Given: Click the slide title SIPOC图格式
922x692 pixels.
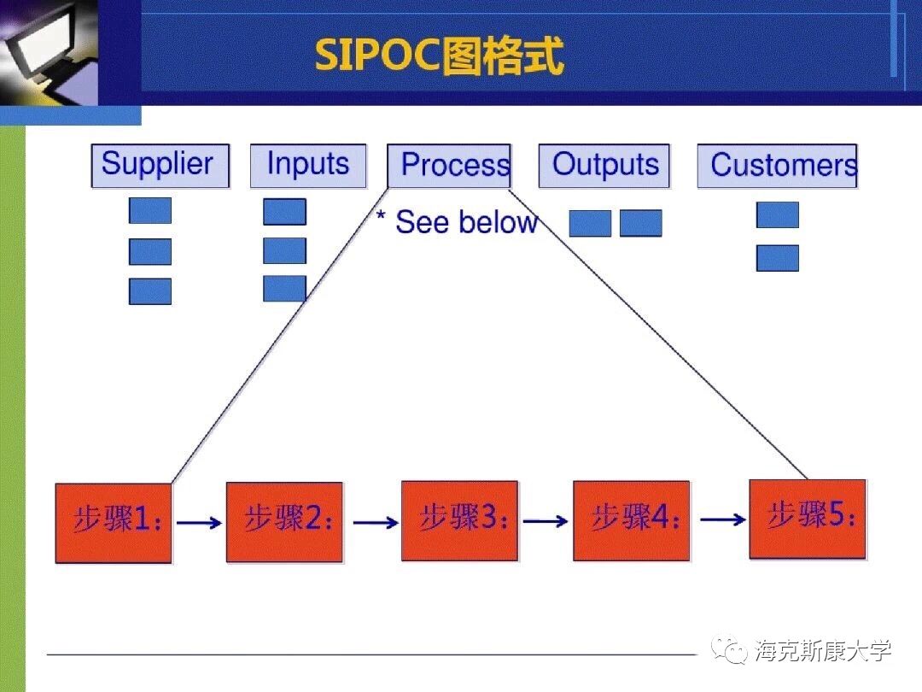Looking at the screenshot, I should [439, 56].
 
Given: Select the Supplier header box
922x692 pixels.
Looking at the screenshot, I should [160, 166].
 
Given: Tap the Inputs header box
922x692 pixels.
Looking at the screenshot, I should [307, 166].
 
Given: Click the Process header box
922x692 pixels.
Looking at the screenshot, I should [449, 166].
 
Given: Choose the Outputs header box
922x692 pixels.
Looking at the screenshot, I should [604, 166].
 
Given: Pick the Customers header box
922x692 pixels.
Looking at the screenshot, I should [777, 166].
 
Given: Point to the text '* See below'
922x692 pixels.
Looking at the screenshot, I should [458, 222].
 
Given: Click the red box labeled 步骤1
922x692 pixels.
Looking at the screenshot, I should [114, 523].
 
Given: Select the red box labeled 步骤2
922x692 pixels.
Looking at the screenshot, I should [284, 522].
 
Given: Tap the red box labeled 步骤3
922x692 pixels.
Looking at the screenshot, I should [459, 520].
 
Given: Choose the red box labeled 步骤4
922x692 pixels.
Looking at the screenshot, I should [631, 520].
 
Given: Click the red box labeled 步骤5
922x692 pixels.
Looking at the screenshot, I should [807, 519].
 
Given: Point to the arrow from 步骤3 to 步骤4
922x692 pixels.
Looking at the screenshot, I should [546, 520].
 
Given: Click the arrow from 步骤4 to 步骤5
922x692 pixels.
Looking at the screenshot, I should [722, 519].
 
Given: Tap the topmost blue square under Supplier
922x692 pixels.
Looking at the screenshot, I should [150, 211].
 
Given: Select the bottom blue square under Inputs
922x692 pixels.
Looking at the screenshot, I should [284, 289].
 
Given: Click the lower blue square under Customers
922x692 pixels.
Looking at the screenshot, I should [778, 258].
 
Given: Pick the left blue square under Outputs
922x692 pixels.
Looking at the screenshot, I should [590, 224].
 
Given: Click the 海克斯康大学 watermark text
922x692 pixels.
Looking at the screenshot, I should [823, 651].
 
